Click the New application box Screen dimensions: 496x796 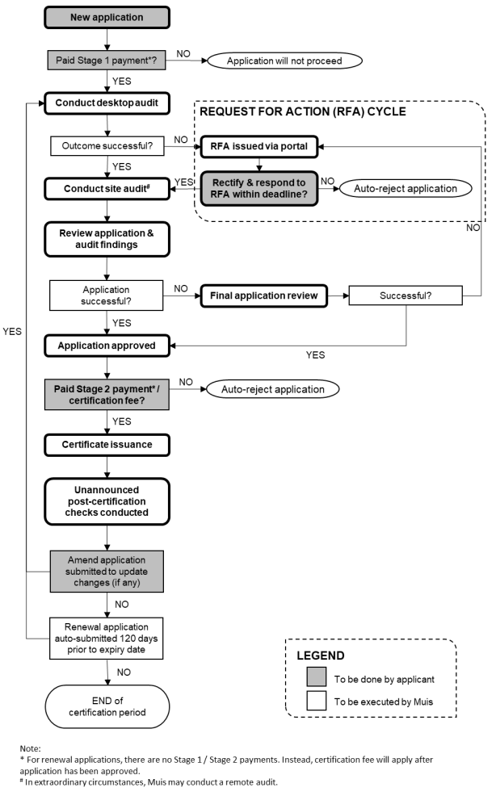pyautogui.click(x=107, y=17)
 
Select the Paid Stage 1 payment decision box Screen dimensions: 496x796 pyautogui.click(x=107, y=61)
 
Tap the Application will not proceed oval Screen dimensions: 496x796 pyautogui.click(x=284, y=61)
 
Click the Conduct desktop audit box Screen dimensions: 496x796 pyautogui.click(x=107, y=103)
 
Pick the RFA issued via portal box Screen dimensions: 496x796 pyautogui.click(x=259, y=147)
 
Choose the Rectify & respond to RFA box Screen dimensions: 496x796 pyautogui.click(x=259, y=188)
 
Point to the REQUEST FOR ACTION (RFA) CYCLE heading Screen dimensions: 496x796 pyautogui.click(x=303, y=111)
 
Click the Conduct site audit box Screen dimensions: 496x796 pyautogui.click(x=107, y=189)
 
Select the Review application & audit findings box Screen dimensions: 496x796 pyautogui.click(x=107, y=239)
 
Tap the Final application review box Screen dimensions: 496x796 pyautogui.click(x=264, y=296)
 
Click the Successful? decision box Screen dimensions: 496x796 pyautogui.click(x=406, y=295)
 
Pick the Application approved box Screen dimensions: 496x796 pyautogui.click(x=107, y=346)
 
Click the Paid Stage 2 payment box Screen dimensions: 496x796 pyautogui.click(x=107, y=395)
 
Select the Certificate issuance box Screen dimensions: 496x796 pyautogui.click(x=107, y=445)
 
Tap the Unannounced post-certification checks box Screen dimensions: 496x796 pyautogui.click(x=107, y=501)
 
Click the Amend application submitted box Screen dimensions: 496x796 pyautogui.click(x=107, y=572)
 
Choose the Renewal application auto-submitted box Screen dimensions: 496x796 pyautogui.click(x=107, y=639)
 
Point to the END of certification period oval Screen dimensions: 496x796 pyautogui.click(x=107, y=706)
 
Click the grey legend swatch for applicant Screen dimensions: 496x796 pyautogui.click(x=317, y=677)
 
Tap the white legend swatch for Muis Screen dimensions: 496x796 pyautogui.click(x=317, y=701)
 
